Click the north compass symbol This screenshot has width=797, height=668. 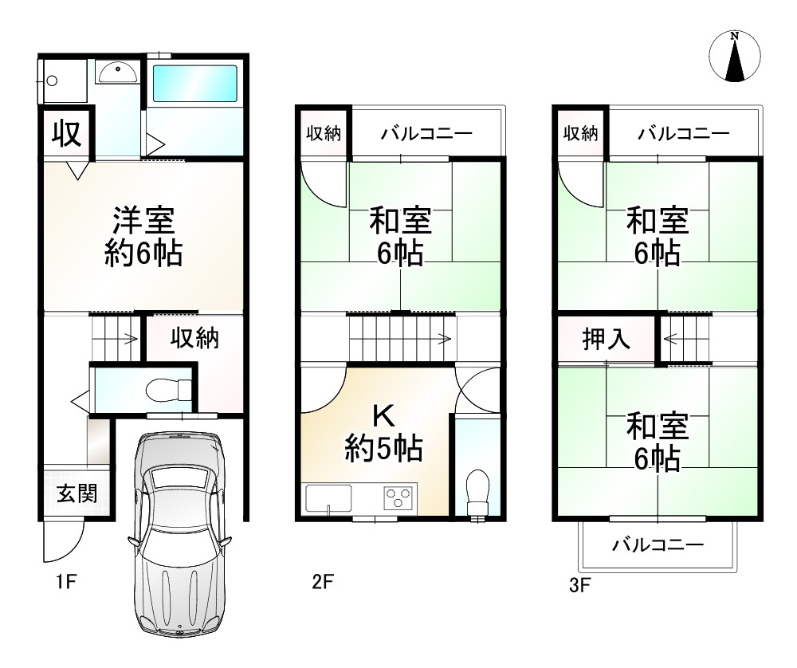tap(735, 57)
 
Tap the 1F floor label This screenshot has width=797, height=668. tap(66, 583)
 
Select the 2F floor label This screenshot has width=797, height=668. tap(322, 583)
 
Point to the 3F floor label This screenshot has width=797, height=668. tap(579, 587)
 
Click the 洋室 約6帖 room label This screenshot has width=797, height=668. tap(143, 237)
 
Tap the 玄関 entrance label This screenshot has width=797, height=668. tap(77, 494)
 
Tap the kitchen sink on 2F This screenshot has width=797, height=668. tap(328, 499)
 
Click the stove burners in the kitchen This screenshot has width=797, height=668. tap(399, 498)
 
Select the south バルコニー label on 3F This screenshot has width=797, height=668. tap(658, 546)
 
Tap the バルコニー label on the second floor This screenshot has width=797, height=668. tap(426, 133)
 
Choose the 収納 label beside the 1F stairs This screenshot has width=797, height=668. tap(195, 339)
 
